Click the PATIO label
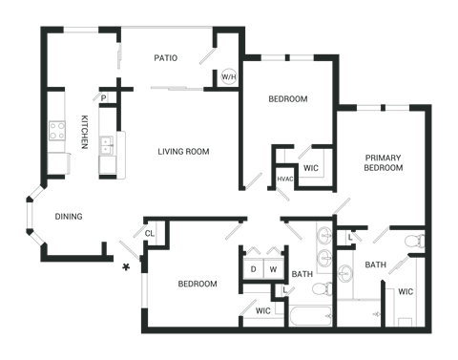point(165,58)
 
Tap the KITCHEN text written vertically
point(85,131)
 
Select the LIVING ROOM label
point(184,152)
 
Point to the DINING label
point(68,217)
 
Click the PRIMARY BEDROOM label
point(383,162)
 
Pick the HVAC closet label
point(283,179)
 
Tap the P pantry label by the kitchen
point(102,96)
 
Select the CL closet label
point(150,233)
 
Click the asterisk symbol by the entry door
point(125,268)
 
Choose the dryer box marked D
point(254,269)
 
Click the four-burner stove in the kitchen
point(55,133)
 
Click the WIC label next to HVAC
point(310,168)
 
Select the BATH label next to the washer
point(302,275)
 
